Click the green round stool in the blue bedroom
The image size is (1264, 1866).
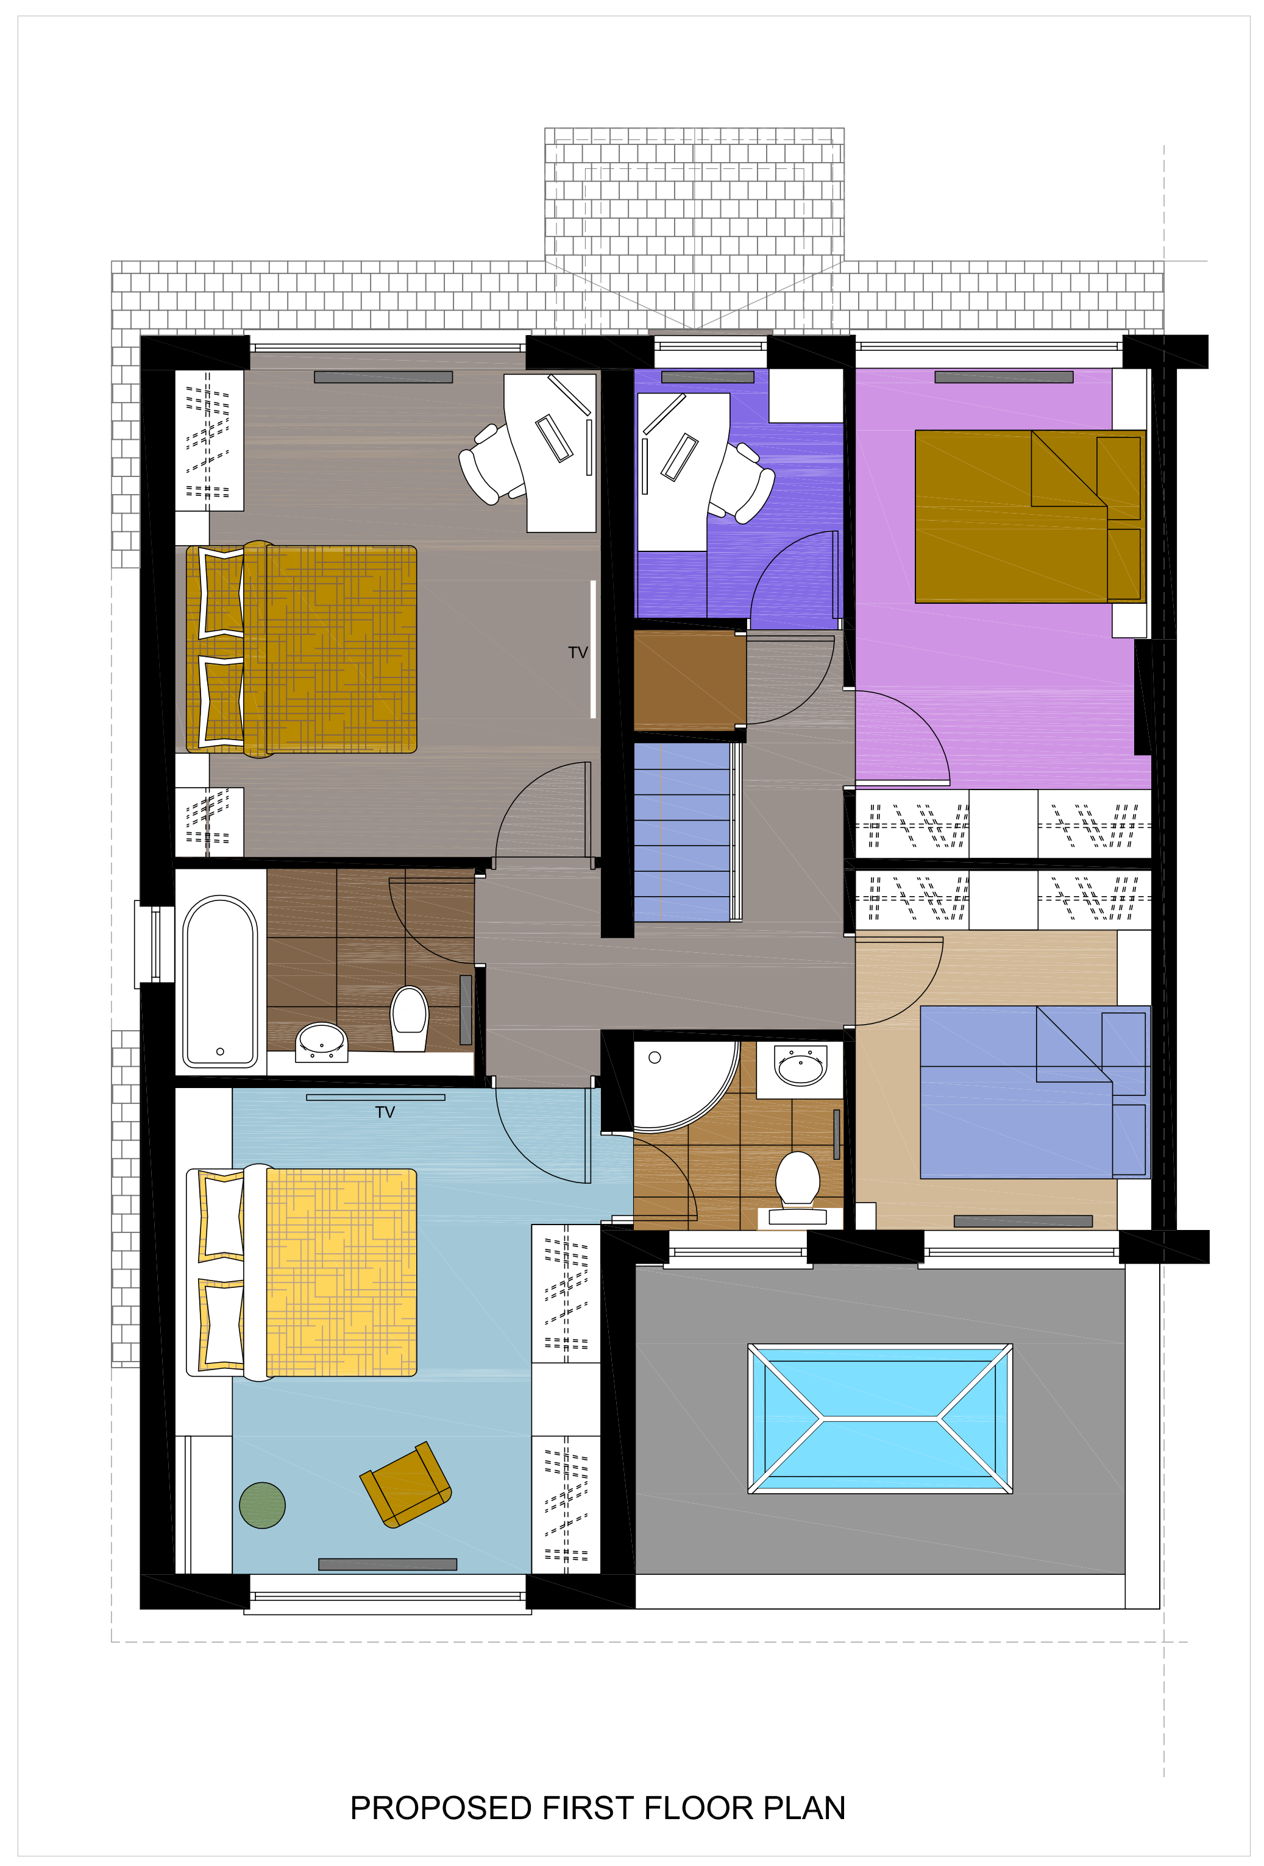[262, 1505]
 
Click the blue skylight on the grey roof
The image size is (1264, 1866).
[879, 1419]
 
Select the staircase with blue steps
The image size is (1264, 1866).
[683, 832]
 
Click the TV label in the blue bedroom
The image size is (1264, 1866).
[385, 1112]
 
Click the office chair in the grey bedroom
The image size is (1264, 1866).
[491, 464]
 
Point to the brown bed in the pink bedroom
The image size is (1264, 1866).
[1029, 515]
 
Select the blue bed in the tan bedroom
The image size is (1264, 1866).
[1034, 1092]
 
